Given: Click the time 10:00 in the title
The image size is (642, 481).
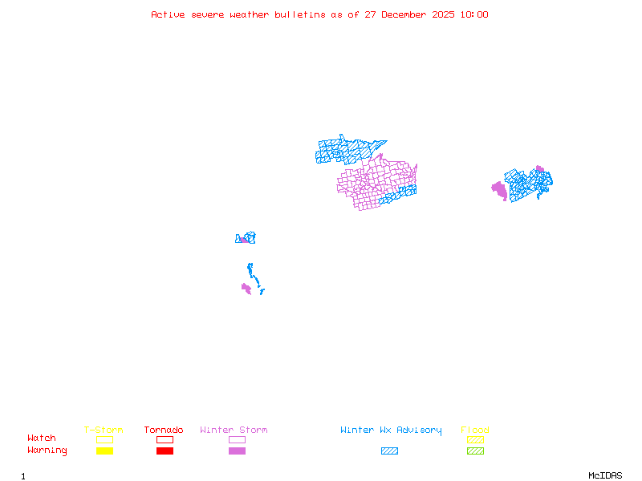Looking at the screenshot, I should [473, 14].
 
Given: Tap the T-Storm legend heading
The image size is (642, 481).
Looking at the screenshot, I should [104, 430].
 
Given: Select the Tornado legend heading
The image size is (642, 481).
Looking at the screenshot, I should [164, 430].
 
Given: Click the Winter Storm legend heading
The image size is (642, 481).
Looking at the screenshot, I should [234, 430].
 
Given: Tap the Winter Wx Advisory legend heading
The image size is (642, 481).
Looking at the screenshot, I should [391, 430].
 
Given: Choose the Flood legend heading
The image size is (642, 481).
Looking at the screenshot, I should [475, 430].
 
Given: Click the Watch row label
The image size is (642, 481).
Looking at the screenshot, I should [42, 439].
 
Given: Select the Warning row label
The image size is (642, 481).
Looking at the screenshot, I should [47, 451].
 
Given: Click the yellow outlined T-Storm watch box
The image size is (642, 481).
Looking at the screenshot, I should [104, 439].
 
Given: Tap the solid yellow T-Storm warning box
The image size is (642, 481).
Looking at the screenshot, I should [104, 451].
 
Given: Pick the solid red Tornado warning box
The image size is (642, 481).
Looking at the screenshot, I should [165, 451].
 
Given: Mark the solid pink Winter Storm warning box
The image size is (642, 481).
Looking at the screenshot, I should [237, 451].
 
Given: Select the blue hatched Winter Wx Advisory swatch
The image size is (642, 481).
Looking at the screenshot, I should [389, 451].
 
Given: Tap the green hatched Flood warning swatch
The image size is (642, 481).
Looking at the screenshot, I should [475, 451].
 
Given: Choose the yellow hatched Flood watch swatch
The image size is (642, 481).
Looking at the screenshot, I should [475, 439].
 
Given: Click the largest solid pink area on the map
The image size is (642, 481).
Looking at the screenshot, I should [499, 190].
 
